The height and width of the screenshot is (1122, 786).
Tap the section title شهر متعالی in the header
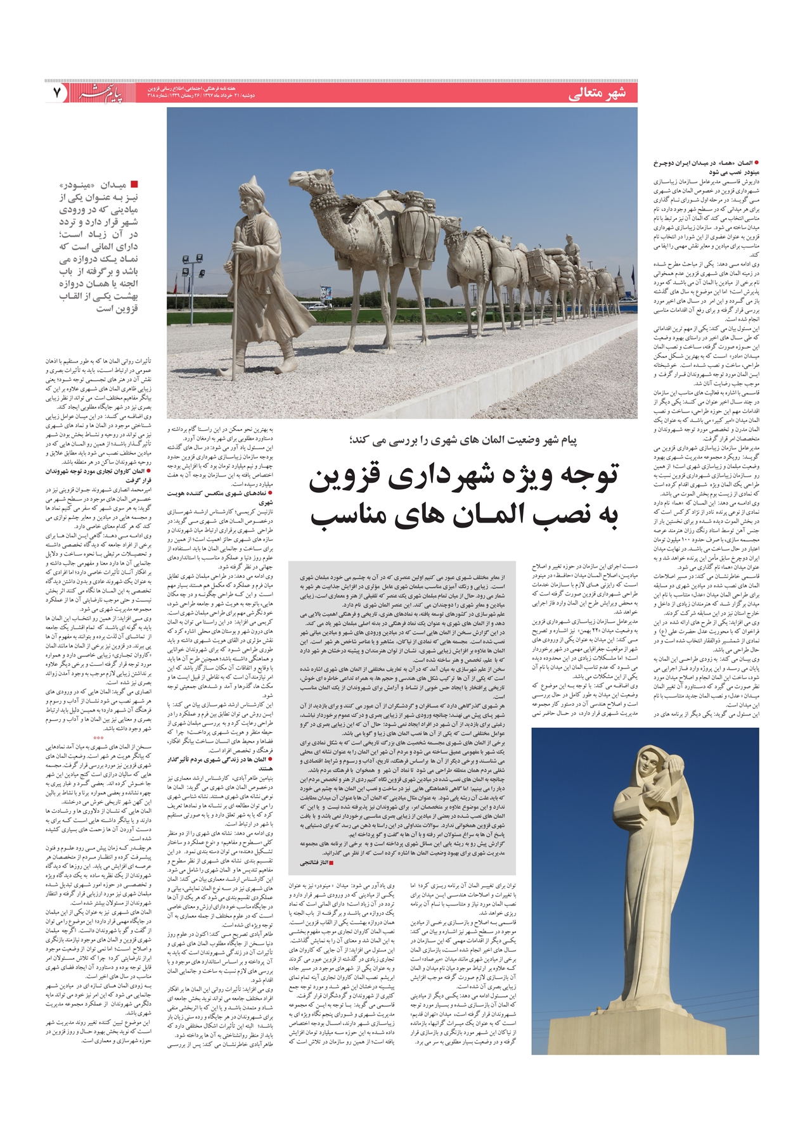point(597,94)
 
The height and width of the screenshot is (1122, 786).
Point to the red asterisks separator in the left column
point(98,738)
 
